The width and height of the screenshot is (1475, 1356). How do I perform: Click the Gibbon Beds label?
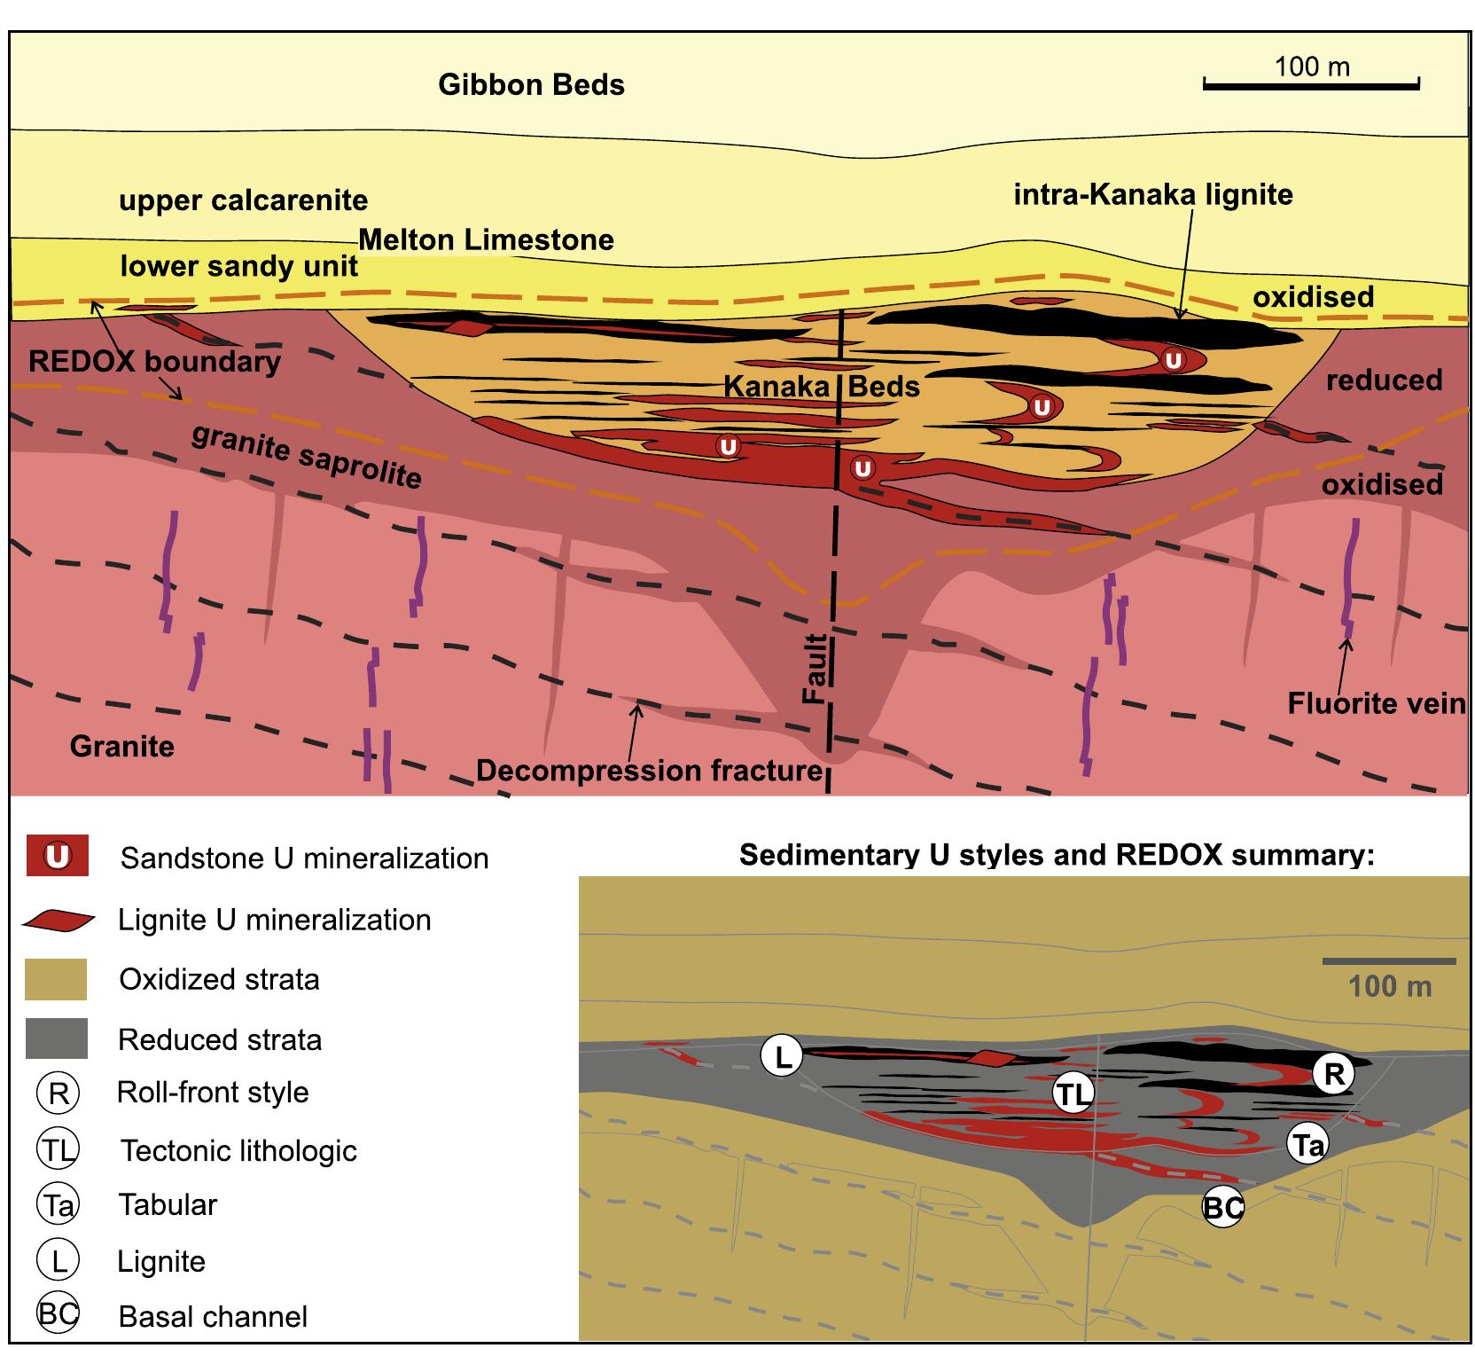tap(531, 85)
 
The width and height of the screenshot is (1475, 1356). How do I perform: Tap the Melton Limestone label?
tap(486, 239)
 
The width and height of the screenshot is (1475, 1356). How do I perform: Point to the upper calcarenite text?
tap(243, 200)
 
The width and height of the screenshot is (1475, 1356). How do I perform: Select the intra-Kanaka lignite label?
tap(1152, 194)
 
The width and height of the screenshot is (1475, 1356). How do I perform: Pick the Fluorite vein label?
tap(1376, 704)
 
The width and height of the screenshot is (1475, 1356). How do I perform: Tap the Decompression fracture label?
tap(650, 771)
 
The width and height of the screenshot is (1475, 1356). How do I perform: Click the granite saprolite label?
tap(306, 456)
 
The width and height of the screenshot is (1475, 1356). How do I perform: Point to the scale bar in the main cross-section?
tap(1311, 84)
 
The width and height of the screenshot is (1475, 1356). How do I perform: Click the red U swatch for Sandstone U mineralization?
tap(58, 857)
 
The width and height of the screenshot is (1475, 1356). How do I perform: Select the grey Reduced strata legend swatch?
tap(57, 1039)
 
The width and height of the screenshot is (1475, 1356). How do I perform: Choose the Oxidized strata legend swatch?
tap(57, 979)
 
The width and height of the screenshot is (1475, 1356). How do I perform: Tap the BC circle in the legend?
tap(58, 1315)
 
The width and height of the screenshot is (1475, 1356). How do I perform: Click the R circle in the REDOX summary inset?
tap(1333, 1074)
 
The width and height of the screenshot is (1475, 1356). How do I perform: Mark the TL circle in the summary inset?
tap(1073, 1094)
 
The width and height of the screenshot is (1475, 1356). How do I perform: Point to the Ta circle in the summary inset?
tap(1307, 1146)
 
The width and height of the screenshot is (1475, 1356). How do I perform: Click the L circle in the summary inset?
tap(782, 1056)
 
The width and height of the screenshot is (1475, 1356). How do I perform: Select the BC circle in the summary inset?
tap(1223, 1207)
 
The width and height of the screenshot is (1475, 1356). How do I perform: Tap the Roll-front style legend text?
tap(213, 1092)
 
